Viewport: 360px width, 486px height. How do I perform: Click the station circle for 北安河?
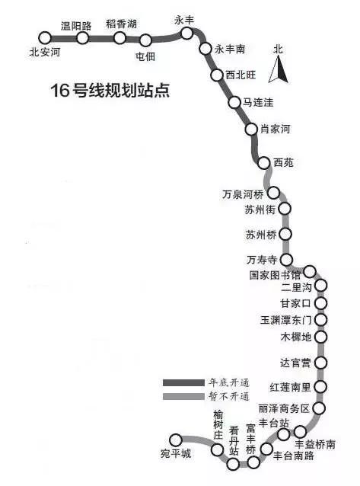[45, 38]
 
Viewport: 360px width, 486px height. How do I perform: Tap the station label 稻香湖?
[122, 24]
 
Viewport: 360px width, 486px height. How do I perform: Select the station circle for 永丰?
[186, 34]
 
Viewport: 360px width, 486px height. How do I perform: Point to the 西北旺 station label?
[241, 75]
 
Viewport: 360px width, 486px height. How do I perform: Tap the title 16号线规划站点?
[110, 91]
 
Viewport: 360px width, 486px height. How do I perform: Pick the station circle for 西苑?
[263, 163]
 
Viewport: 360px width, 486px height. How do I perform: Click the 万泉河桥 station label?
[243, 194]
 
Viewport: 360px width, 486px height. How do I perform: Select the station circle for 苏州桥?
[285, 235]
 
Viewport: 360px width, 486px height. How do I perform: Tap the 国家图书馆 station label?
[275, 275]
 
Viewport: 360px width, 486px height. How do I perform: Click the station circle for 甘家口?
[321, 303]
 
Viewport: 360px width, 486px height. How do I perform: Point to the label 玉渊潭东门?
[285, 320]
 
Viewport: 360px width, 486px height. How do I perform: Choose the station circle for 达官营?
[321, 362]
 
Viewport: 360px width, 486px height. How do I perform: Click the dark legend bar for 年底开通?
[183, 383]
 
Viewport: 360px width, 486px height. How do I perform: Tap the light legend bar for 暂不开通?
[183, 396]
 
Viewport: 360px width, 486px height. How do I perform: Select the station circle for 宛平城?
[176, 440]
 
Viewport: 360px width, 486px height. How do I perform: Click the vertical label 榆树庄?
[218, 425]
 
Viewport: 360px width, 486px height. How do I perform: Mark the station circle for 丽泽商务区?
[318, 408]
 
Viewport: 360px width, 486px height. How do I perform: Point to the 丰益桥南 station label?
[315, 444]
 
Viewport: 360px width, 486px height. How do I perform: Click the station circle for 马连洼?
[234, 102]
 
